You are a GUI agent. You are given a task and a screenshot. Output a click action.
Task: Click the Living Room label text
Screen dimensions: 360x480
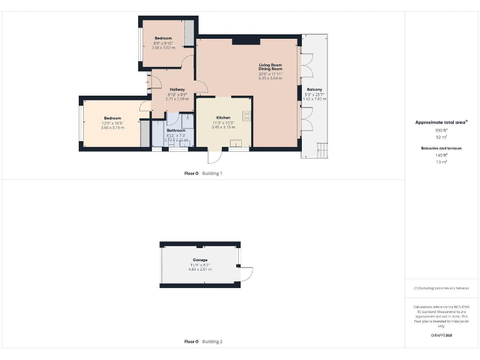coord(271,65)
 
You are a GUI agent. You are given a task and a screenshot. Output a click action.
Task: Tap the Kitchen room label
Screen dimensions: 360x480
coord(224,117)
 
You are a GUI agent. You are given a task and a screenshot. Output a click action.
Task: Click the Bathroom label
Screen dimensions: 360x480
coord(176,130)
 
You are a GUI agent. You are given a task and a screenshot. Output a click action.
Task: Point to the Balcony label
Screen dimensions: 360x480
coord(314,89)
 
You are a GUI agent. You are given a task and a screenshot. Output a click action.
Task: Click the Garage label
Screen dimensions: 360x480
coord(200,259)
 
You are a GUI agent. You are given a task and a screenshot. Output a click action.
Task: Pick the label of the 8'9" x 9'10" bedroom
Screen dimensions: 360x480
coord(163,38)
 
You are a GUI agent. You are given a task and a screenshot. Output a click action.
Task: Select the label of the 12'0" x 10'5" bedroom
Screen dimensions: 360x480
coord(112,118)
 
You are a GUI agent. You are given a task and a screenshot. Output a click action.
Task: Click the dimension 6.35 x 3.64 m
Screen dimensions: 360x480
coord(271,79)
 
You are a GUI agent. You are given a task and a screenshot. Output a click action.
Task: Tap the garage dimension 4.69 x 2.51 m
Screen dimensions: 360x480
coord(200,269)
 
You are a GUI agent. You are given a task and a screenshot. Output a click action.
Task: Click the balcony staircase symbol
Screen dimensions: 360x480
coord(322,150)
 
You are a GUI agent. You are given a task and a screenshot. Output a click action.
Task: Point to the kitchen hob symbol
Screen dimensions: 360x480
coord(246,116)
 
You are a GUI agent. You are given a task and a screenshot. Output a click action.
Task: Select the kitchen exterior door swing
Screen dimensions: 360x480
coord(214,157)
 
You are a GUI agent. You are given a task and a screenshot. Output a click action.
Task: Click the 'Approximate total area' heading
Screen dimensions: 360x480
coord(442,122)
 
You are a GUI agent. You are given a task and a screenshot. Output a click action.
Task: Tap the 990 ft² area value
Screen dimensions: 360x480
coord(442,130)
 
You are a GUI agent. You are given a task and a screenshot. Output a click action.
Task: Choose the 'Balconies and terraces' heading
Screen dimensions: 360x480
coord(442,147)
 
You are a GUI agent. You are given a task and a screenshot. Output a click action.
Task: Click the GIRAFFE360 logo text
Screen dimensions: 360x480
coord(442,336)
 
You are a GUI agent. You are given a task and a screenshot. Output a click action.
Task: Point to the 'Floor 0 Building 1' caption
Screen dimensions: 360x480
coord(203,173)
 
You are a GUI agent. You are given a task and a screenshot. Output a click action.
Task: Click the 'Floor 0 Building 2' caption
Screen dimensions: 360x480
coord(203,342)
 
